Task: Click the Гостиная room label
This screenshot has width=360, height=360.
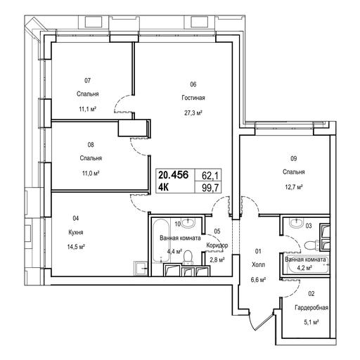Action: (x=193, y=98)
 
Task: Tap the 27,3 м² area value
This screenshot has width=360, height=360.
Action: (x=193, y=113)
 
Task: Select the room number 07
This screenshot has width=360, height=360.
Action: (x=87, y=81)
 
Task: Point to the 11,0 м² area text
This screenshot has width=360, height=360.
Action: (x=91, y=174)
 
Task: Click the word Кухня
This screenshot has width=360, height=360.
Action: (x=76, y=232)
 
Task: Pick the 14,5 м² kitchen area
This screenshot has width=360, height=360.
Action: (x=76, y=247)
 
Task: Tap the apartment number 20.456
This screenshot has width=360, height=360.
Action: (x=174, y=175)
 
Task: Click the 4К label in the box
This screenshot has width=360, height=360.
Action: (x=164, y=187)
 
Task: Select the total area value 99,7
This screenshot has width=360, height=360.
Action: (x=210, y=188)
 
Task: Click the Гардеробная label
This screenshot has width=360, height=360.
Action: (x=311, y=307)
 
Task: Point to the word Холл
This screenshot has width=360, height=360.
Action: (x=258, y=264)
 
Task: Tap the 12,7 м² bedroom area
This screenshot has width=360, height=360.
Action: (x=294, y=187)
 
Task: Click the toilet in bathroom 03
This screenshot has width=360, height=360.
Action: (x=311, y=245)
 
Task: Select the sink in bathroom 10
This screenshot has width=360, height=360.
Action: (x=188, y=223)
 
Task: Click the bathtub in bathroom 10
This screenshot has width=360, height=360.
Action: (x=161, y=240)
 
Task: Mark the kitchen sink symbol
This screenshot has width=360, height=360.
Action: (x=141, y=269)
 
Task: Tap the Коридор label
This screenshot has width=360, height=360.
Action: (x=217, y=245)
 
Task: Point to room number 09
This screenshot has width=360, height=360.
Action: (x=294, y=159)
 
